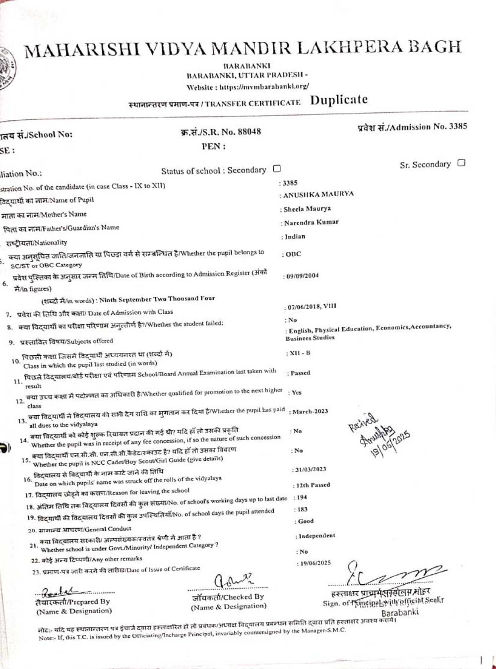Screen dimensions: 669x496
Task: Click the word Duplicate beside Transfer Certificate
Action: pos(339,100)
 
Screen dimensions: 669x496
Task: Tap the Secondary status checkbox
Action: pos(277,169)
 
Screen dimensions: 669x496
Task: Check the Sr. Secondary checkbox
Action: pos(461,163)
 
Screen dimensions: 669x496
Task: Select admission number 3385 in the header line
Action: pos(458,126)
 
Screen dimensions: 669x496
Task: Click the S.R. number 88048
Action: pos(249,132)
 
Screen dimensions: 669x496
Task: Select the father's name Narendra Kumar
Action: pos(311,223)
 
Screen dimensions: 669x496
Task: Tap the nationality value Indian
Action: pos(295,237)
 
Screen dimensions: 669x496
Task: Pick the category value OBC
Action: pos(293,254)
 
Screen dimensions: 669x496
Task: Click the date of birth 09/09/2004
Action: pos(302,276)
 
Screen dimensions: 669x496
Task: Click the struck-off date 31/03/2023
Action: pos(310,469)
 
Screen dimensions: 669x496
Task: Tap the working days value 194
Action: pos(302,497)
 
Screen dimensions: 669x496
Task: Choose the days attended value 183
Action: pos(302,509)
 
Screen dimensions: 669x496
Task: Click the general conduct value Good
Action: pos(306,521)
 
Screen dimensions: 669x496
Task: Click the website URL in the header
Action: pos(264,86)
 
